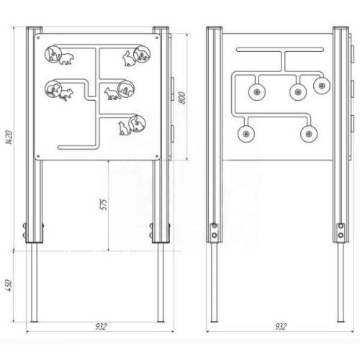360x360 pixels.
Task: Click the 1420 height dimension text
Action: [x=9, y=138]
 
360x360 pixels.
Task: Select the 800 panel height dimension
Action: [x=182, y=98]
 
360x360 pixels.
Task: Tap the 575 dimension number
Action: [x=104, y=204]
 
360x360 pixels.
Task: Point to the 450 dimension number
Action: [x=9, y=285]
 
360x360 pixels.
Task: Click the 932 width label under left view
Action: [x=101, y=327]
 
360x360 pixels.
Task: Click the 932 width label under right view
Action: [x=281, y=327]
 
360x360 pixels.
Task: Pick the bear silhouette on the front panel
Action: [x=66, y=59]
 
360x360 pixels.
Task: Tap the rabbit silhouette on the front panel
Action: [x=129, y=58]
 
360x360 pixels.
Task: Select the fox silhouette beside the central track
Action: [x=112, y=94]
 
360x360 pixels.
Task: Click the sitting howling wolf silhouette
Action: [x=125, y=128]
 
